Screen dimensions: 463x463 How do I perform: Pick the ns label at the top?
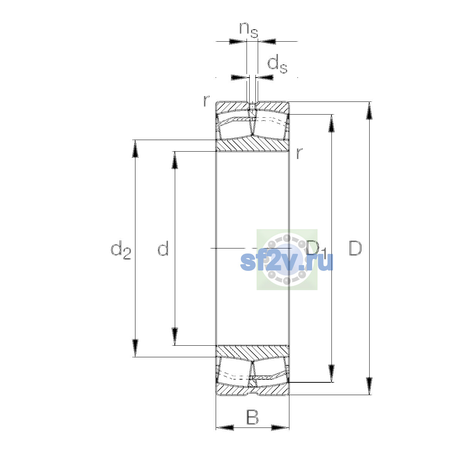tap(249, 30)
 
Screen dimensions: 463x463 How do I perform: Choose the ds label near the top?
tap(277, 64)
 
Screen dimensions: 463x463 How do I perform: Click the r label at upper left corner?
tap(206, 101)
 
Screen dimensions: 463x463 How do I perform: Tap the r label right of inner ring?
tap(299, 153)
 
